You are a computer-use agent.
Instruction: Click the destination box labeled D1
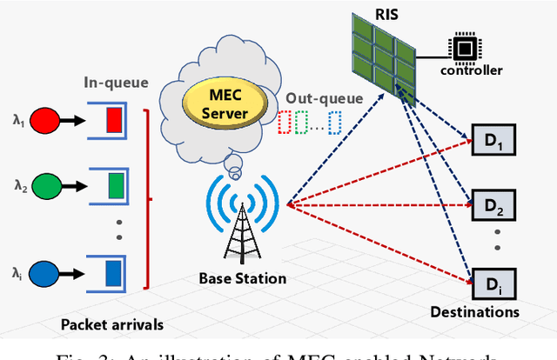488,139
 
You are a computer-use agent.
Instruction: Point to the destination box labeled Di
488,282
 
